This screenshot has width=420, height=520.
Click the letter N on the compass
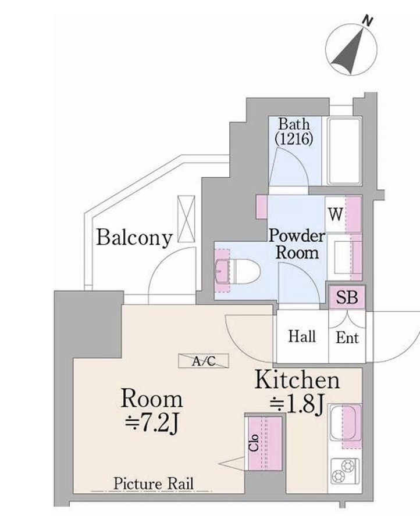(x=367, y=21)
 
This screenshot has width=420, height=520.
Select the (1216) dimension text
(x=294, y=139)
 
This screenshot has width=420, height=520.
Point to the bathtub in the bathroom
(x=344, y=151)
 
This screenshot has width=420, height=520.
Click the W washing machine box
(x=335, y=214)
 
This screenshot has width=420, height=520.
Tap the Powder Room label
(x=297, y=244)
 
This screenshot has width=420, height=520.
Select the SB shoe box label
(x=347, y=297)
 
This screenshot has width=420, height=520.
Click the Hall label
(x=302, y=336)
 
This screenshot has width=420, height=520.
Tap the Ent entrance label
(x=347, y=338)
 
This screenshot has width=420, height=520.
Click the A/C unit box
(x=204, y=361)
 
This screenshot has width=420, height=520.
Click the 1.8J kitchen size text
(x=297, y=405)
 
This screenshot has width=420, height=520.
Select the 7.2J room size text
(x=152, y=424)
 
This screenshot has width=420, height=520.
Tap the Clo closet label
(x=254, y=443)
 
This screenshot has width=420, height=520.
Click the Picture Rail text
(x=154, y=483)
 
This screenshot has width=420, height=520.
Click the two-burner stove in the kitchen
(x=344, y=471)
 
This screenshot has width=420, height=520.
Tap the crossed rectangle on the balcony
(x=186, y=219)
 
